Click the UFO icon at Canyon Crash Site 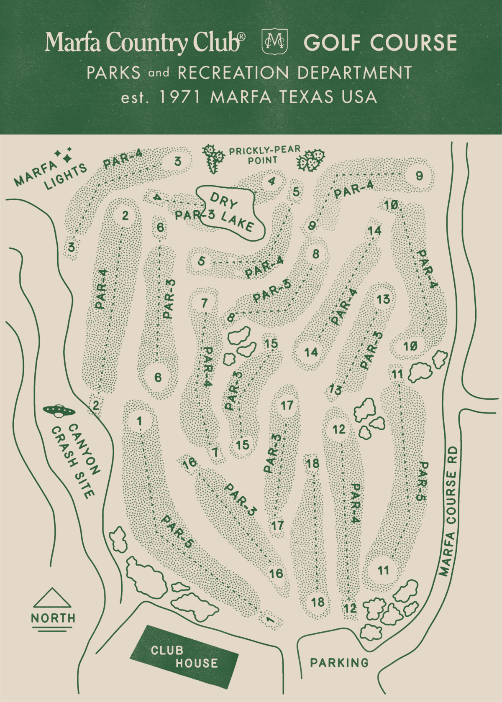pos(59,411)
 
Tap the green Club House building pos(184,657)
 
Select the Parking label pos(339,663)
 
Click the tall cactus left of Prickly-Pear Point pos(213,158)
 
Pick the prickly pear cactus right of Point pos(311,159)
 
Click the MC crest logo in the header pos(274,42)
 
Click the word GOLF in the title pos(332,43)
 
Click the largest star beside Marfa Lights pos(67,158)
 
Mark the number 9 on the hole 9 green pos(419,176)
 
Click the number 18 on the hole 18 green pos(318,602)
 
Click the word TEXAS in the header pos(307,97)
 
